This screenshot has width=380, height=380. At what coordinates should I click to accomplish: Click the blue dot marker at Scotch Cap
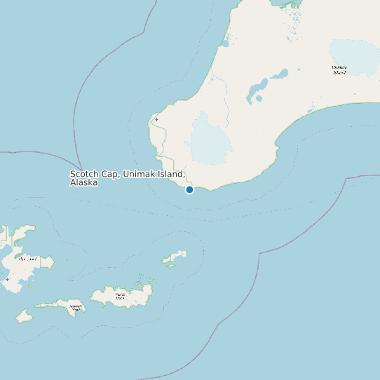[189, 189]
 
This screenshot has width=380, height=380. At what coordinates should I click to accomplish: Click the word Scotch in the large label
[84, 174]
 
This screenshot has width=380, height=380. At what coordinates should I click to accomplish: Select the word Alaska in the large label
[83, 182]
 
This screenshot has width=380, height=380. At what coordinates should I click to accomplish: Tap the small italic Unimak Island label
[339, 69]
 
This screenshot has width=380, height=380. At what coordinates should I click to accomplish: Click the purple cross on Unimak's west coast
[156, 119]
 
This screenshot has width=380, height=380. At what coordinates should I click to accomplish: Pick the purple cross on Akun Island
[7, 279]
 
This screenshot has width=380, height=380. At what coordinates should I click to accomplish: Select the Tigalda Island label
[119, 296]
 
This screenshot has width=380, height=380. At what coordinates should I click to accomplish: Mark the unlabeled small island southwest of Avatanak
[25, 315]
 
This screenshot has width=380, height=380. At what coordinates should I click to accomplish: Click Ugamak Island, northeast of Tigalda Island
[175, 258]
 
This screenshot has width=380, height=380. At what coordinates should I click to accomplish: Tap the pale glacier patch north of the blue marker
[209, 137]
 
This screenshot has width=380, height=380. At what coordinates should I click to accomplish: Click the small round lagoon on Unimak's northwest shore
[225, 43]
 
